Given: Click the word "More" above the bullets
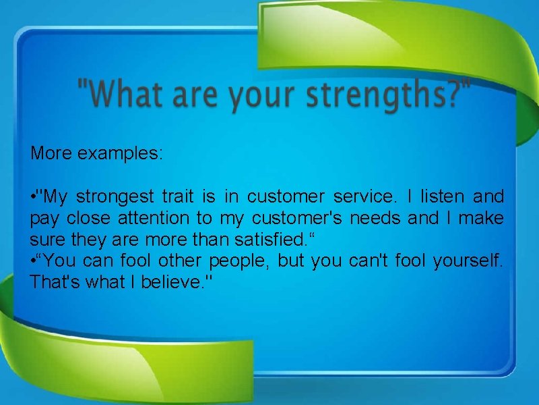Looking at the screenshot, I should pyautogui.click(x=52, y=153).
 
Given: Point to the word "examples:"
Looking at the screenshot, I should pyautogui.click(x=120, y=153).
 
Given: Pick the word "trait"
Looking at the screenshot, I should pyautogui.click(x=177, y=196).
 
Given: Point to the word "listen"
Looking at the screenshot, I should pyautogui.click(x=443, y=196).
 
